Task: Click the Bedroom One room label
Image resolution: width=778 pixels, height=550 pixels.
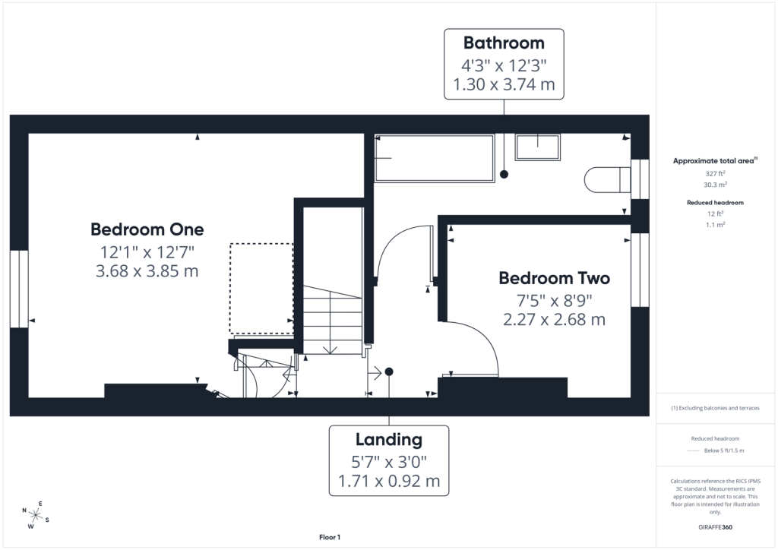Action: pos(147,229)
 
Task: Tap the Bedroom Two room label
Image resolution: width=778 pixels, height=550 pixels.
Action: pos(554,278)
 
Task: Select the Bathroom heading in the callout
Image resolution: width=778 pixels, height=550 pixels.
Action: pos(504,43)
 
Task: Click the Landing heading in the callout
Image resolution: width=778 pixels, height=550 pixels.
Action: pos(389,439)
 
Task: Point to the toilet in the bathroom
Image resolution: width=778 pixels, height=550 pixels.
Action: pos(607,179)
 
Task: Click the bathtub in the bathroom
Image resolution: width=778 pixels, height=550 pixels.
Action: pos(434,158)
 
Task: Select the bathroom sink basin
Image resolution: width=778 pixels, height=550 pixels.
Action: pos(537,147)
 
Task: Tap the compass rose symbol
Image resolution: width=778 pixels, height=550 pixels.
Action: pos(36,515)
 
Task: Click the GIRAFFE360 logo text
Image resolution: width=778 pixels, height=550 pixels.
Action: pos(715,527)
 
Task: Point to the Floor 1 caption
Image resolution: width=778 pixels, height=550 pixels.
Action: pos(330,537)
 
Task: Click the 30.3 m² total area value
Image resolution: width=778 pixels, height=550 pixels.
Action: pos(715,185)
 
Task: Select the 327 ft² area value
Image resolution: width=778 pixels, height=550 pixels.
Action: pos(715,173)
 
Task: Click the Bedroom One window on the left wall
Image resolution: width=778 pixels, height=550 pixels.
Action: pos(19,289)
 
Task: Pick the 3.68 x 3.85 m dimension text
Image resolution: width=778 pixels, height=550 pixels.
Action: pos(147,271)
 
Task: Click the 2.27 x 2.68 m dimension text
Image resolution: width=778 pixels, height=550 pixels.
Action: pos(554,320)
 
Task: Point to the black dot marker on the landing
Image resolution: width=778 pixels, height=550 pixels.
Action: pos(389,371)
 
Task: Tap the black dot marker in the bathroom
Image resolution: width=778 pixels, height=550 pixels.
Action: pos(504,174)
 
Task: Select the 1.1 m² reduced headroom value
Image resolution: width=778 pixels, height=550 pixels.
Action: pos(715,225)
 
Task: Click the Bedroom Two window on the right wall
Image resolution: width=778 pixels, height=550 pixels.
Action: pos(640,270)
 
